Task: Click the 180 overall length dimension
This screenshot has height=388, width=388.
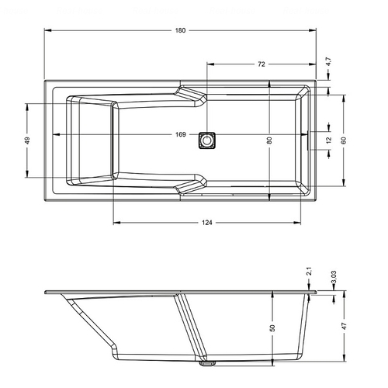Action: click(x=180, y=30)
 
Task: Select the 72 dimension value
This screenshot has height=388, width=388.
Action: click(x=262, y=64)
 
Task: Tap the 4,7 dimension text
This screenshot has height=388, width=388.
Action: click(x=328, y=61)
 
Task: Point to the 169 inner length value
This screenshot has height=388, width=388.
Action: click(x=181, y=134)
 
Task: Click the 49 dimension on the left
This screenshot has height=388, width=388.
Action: click(x=27, y=140)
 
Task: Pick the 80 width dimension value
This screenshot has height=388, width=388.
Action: click(x=269, y=140)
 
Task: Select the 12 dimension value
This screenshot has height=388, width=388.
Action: click(x=328, y=140)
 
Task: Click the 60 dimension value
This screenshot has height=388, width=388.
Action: click(x=344, y=140)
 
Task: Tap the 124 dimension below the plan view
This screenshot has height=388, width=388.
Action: click(x=207, y=223)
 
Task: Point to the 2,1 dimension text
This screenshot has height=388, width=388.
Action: click(x=310, y=272)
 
